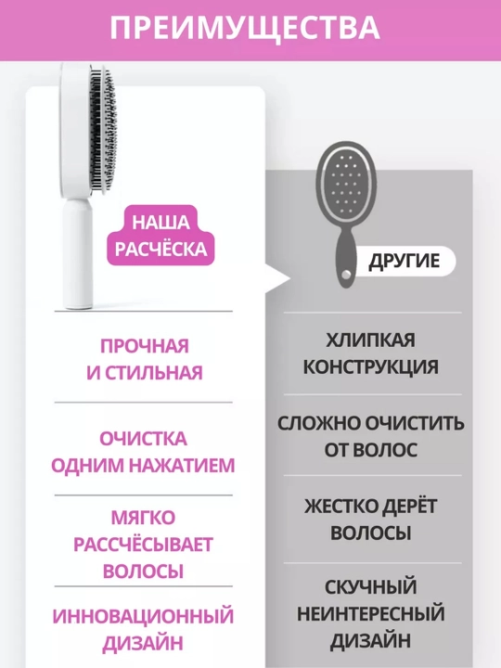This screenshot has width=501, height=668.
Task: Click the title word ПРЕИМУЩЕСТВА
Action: (x=245, y=28)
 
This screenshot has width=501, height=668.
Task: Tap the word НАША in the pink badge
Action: (x=161, y=223)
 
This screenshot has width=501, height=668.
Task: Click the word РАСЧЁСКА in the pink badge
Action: (x=161, y=249)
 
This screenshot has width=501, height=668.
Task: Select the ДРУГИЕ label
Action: (x=404, y=261)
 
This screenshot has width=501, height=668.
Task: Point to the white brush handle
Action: (x=77, y=253)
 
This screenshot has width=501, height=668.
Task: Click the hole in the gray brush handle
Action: (x=347, y=273)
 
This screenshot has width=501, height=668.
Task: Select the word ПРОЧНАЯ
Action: (x=145, y=346)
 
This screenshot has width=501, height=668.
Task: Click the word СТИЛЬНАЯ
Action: (x=153, y=373)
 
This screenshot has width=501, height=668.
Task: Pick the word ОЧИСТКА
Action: (x=143, y=439)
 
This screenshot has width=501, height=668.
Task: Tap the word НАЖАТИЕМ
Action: (x=182, y=465)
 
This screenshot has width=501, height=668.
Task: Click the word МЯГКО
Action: (x=143, y=518)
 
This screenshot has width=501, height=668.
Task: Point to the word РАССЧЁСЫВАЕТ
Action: (x=143, y=545)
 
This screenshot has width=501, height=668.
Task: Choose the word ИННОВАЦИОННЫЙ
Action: (x=143, y=616)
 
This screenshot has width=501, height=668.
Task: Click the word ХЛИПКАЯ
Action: (x=370, y=340)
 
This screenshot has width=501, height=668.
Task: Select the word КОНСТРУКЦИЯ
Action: (x=370, y=367)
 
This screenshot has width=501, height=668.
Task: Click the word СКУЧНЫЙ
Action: (x=370, y=587)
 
